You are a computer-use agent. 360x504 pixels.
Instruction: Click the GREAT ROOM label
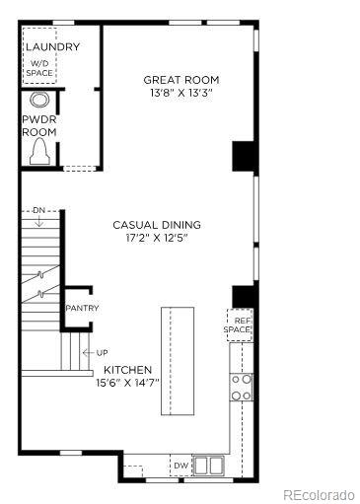pos(180,80)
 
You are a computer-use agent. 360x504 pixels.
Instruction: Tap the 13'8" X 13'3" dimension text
pos(180,93)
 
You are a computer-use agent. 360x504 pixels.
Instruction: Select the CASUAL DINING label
pos(156,225)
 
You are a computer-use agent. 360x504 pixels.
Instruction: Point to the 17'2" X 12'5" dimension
pos(156,238)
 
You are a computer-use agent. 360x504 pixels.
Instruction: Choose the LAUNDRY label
pos(52,46)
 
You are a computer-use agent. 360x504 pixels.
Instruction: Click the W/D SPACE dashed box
pos(40,68)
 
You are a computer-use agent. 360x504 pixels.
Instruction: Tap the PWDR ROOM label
pos(39,125)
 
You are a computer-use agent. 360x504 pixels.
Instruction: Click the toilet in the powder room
pos(39,150)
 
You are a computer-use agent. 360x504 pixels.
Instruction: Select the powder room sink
pos(39,100)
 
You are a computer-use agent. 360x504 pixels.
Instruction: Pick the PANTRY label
pos(82,308)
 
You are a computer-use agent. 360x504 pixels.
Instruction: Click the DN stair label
pos(38,210)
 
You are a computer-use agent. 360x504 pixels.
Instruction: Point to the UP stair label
pos(102,352)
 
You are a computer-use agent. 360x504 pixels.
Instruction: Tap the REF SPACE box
pos(241,324)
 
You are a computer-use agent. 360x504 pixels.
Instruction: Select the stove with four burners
pos(241,386)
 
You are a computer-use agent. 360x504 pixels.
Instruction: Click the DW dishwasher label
pos(180,465)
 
